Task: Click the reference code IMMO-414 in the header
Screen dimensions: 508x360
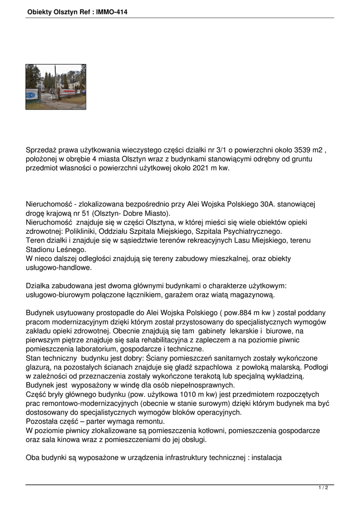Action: click(111, 11)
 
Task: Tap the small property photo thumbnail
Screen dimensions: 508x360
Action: click(56, 87)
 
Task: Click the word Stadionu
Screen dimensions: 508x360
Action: click(42, 250)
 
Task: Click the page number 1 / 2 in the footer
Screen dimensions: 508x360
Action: click(323, 488)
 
